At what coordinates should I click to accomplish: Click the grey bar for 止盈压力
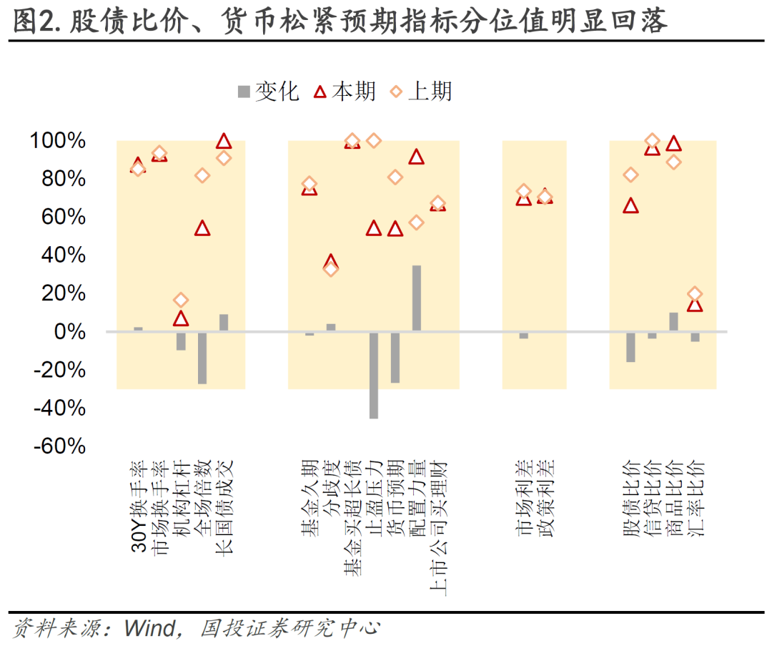click(x=374, y=375)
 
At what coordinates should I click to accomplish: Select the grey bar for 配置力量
click(x=417, y=298)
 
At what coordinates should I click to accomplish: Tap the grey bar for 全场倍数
click(x=202, y=358)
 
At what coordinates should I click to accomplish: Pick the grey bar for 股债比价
click(x=630, y=347)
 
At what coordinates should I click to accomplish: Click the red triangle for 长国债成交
click(x=224, y=142)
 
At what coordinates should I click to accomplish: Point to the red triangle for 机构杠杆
click(x=181, y=318)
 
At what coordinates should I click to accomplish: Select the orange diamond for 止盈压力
click(x=374, y=140)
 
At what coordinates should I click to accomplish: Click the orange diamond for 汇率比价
click(x=695, y=294)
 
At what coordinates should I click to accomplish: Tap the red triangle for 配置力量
click(x=417, y=157)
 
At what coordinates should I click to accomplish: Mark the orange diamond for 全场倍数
click(x=202, y=175)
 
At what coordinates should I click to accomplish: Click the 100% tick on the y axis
click(x=58, y=141)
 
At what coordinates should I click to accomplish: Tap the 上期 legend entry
click(x=421, y=92)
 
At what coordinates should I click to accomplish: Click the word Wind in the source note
click(x=150, y=629)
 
